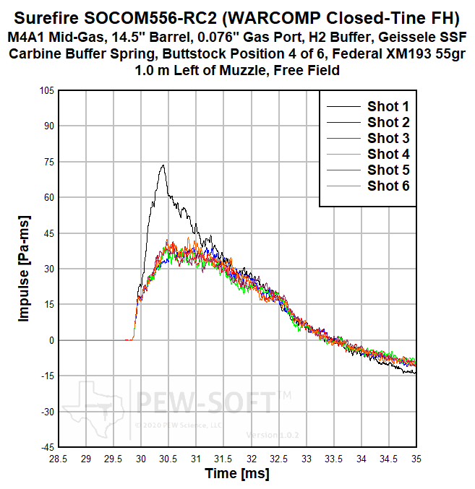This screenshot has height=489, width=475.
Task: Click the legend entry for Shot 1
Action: (x=388, y=107)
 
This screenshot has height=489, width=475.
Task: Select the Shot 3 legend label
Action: (x=388, y=138)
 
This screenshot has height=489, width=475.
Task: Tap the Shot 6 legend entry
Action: (x=388, y=186)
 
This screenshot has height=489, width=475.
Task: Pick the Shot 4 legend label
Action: (x=388, y=154)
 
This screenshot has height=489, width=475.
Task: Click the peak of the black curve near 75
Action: (x=163, y=165)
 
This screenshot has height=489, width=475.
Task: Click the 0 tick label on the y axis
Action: (x=51, y=340)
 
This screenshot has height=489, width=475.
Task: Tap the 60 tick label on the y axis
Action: (x=48, y=197)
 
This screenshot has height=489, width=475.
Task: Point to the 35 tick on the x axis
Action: (x=416, y=459)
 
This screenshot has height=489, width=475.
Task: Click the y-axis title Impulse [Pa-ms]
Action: (x=24, y=269)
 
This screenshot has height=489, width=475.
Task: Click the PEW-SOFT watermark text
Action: (x=205, y=401)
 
